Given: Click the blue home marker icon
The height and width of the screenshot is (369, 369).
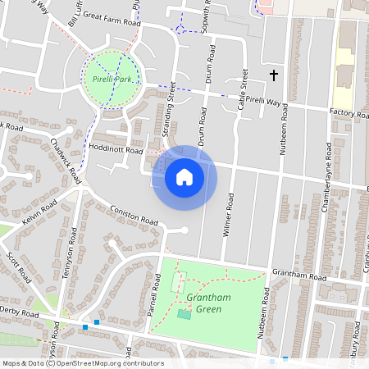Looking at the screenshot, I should point(184,176).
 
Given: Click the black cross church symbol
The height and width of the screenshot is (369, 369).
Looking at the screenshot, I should point(274,75).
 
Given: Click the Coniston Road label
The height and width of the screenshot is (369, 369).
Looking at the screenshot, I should point(134,216).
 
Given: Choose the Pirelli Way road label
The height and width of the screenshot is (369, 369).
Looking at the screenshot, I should point(264,102).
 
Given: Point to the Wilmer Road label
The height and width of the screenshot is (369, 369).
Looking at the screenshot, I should point(230,216).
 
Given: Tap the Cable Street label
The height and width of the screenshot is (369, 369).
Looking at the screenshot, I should point(243,90).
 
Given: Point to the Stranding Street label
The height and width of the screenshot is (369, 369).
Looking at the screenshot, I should point(170,115).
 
